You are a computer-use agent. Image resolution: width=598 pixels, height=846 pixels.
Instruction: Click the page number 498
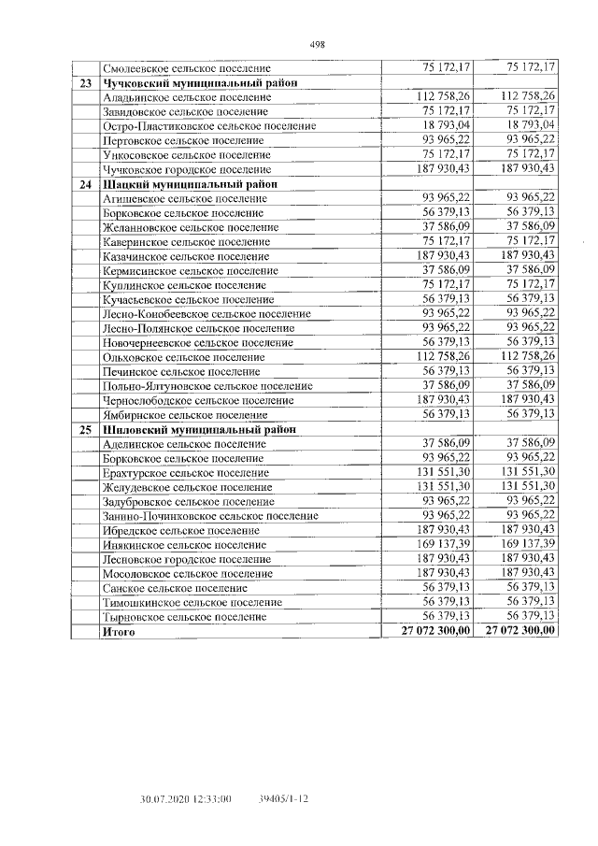coord(316,44)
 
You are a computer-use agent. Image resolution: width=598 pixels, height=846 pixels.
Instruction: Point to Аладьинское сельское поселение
coord(186,97)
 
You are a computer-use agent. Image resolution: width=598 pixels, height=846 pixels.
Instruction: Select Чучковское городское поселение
coord(189,169)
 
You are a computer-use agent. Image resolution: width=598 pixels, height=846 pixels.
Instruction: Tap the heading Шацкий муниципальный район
coord(190,184)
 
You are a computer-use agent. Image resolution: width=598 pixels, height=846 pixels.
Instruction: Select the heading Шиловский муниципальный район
coord(199,429)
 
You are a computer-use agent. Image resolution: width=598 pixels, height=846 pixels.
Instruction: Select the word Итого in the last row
coord(119,632)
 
